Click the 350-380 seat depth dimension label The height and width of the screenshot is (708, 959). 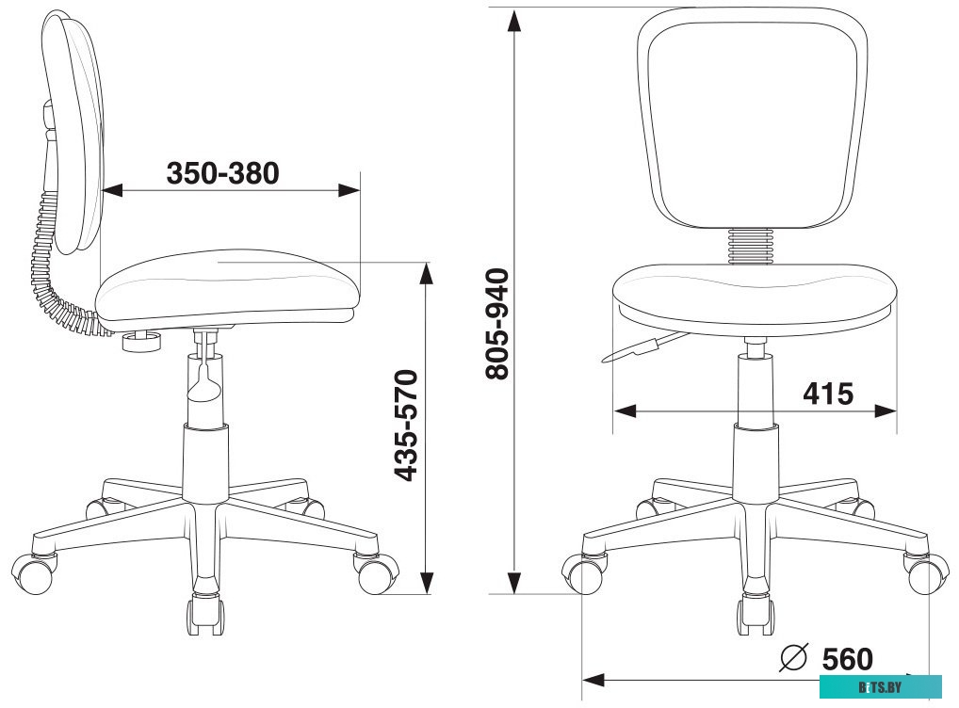[x=222, y=173]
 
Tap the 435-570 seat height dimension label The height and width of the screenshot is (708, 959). [x=406, y=425]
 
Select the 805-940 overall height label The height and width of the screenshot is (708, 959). [x=496, y=324]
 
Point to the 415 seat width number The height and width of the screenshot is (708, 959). [x=828, y=394]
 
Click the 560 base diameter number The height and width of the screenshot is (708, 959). [x=847, y=659]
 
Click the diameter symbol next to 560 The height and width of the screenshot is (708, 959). [x=794, y=657]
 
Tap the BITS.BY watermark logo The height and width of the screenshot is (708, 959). [x=880, y=687]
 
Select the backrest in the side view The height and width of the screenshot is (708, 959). [x=74, y=132]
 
